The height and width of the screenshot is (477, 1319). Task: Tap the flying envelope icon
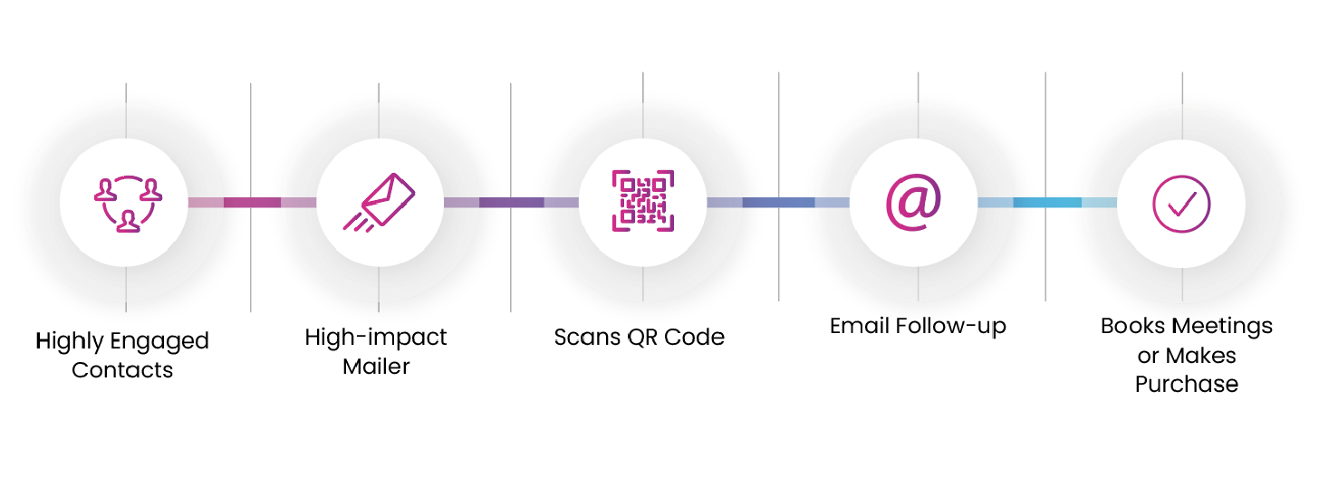[380, 201]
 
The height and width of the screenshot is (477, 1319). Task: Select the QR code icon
[642, 201]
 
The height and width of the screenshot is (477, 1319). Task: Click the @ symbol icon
[913, 201]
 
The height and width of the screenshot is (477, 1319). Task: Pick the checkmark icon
[1181, 203]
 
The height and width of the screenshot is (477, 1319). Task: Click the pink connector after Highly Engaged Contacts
[252, 202]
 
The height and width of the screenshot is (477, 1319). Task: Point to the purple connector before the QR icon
[511, 202]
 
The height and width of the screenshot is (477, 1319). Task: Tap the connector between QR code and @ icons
[778, 202]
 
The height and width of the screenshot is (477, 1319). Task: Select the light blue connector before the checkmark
[1046, 202]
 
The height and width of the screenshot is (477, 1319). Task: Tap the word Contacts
[122, 369]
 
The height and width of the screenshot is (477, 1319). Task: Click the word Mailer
[376, 367]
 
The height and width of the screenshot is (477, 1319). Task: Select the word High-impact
[376, 338]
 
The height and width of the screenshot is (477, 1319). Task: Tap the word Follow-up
[952, 326]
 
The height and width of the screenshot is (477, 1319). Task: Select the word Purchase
[1187, 384]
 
